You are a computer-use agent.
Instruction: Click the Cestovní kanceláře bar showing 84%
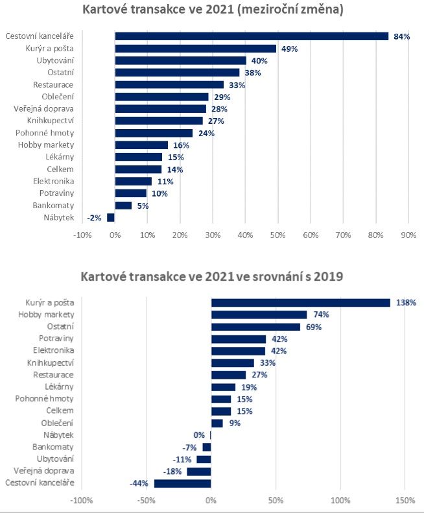252,36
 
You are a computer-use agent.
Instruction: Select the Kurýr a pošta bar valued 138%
300,302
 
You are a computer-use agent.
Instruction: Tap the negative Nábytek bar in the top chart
111,217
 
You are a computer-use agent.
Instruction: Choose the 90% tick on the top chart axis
408,234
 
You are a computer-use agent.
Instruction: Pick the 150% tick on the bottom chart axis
405,501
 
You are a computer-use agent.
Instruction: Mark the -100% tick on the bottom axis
81,501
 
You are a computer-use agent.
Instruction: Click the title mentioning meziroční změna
213,10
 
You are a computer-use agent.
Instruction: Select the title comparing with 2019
212,277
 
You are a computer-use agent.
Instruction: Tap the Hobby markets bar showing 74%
259,315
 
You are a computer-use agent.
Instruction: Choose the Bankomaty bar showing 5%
123,206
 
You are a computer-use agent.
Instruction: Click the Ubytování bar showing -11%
204,459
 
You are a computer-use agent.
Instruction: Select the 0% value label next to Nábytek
199,435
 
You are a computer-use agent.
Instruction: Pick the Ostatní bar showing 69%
255,326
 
